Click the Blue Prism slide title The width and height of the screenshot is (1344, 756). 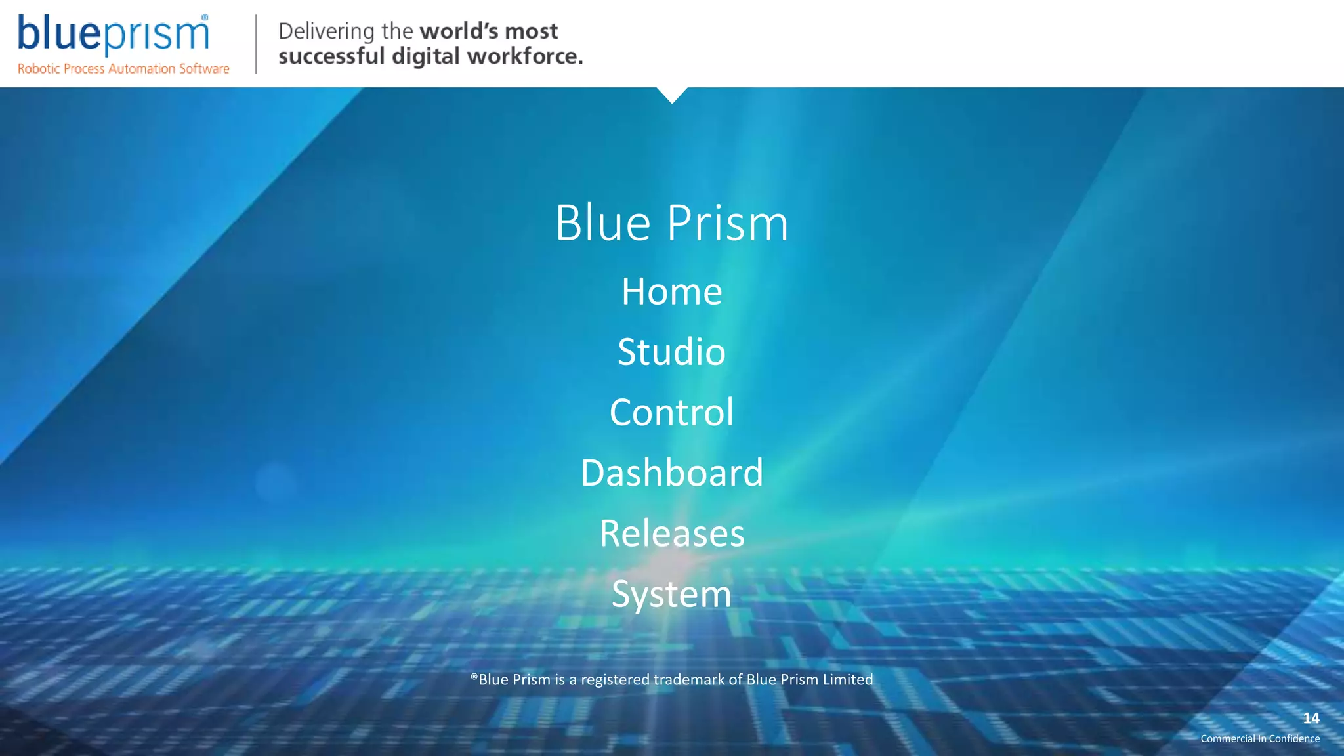[x=671, y=223]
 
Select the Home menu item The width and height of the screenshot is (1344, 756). [x=671, y=291]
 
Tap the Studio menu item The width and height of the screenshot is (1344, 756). [x=671, y=352]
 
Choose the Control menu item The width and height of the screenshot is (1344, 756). [x=671, y=412]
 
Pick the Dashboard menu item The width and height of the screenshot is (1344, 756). [x=671, y=472]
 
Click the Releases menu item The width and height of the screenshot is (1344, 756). [x=671, y=533]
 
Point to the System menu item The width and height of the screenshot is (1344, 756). [x=671, y=594]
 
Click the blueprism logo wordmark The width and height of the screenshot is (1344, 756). [x=113, y=34]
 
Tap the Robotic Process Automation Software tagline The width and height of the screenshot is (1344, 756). [x=123, y=69]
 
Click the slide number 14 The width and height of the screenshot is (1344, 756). [x=1311, y=718]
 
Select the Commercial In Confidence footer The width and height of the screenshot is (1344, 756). [x=1260, y=738]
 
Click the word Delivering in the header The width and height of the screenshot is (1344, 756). [x=326, y=31]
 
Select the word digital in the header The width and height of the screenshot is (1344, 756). [x=425, y=56]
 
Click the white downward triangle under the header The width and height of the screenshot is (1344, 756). [x=672, y=94]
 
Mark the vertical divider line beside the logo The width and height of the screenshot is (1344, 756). [x=256, y=43]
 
